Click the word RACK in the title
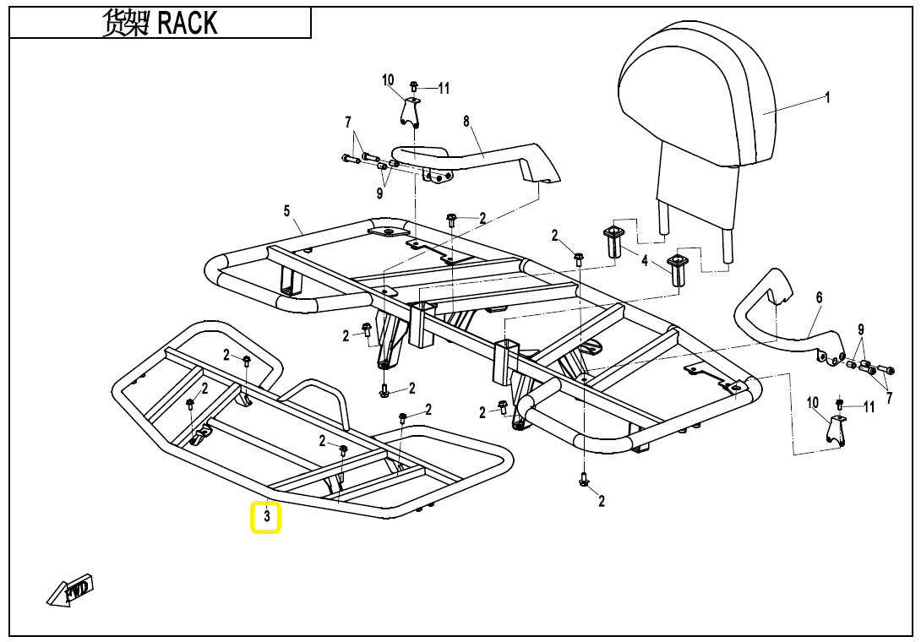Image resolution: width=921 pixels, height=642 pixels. coord(188,24)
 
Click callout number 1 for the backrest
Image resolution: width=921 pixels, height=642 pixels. coord(827,97)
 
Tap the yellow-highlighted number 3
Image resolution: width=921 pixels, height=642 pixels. coord(266,517)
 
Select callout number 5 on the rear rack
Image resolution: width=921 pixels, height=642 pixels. coord(286,209)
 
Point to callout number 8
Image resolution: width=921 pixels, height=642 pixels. coord(466,122)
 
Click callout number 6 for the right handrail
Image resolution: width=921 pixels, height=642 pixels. coord(819,298)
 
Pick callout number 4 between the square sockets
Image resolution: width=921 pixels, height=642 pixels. coord(645,262)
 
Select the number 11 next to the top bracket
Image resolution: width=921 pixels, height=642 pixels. coord(444,88)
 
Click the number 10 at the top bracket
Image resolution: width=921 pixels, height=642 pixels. coord(388,80)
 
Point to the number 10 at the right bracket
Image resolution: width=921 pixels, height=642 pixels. coord(813,403)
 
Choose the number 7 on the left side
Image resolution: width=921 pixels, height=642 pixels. coord(347,123)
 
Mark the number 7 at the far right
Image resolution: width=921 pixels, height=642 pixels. coord(888,397)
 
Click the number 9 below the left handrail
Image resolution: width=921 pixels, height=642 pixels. coord(380,193)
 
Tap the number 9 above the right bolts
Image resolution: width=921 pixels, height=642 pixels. coord(860,329)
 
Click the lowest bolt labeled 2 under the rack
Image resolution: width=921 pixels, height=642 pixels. coord(583,480)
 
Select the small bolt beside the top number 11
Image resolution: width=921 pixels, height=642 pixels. coord(414,86)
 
